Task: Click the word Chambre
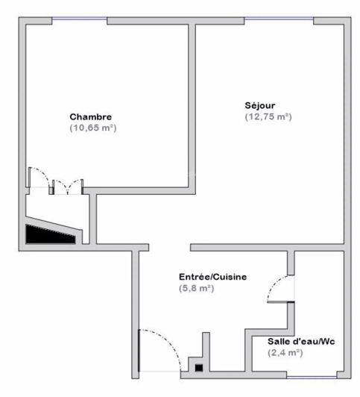point(91,117)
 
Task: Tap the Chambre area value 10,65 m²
point(93,128)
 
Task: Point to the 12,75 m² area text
point(268,116)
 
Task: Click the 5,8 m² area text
point(196,288)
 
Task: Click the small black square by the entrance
point(198,366)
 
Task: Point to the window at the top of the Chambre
point(78,21)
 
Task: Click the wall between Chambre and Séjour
point(192,104)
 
